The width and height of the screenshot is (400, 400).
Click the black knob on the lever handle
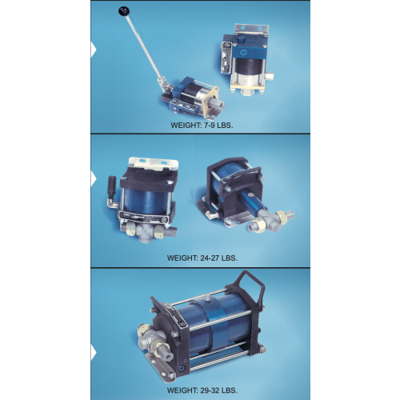point(124,11)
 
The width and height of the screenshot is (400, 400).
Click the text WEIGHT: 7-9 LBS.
point(202,126)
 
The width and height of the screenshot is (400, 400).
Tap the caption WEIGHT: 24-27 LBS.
point(202,258)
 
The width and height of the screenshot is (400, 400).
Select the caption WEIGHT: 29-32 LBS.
point(202,390)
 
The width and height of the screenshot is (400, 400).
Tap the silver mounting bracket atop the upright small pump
point(251,30)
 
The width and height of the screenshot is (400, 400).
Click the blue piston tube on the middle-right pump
point(253,201)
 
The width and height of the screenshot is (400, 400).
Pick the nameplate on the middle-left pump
point(144,218)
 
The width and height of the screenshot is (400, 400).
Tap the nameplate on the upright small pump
point(226,58)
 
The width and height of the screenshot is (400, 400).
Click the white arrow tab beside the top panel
point(93,50)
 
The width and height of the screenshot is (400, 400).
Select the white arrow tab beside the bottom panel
point(93,352)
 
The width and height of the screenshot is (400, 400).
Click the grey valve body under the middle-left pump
point(146,232)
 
